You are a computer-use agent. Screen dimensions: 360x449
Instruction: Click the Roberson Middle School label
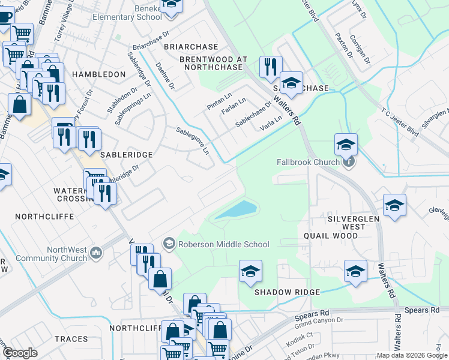(223, 244)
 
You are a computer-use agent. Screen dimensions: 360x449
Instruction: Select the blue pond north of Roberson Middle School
(237, 210)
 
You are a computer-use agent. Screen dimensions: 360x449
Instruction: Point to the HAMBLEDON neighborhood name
(98, 74)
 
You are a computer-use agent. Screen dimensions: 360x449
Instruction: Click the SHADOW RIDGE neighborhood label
(287, 292)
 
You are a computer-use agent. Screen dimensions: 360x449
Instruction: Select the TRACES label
(71, 339)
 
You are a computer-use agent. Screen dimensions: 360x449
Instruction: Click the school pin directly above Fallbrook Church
(346, 144)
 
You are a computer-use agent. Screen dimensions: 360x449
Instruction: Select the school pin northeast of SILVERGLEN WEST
(394, 205)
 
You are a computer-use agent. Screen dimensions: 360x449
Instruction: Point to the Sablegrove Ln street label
(193, 140)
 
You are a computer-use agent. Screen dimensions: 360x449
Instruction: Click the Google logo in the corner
(20, 353)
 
